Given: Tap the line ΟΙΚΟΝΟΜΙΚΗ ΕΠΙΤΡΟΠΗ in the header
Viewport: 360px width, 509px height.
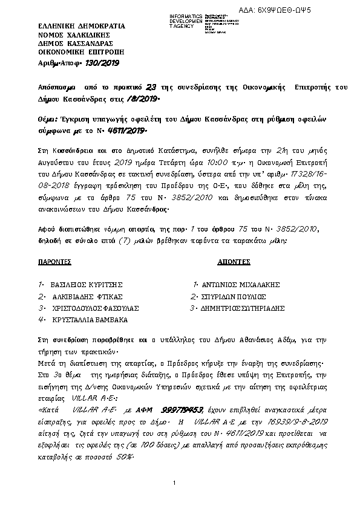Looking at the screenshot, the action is click(74, 53).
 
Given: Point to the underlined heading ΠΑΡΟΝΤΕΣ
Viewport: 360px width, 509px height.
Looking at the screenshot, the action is click(54, 264).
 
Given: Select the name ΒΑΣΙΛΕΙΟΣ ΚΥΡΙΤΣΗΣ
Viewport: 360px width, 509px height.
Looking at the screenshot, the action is click(88, 284).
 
